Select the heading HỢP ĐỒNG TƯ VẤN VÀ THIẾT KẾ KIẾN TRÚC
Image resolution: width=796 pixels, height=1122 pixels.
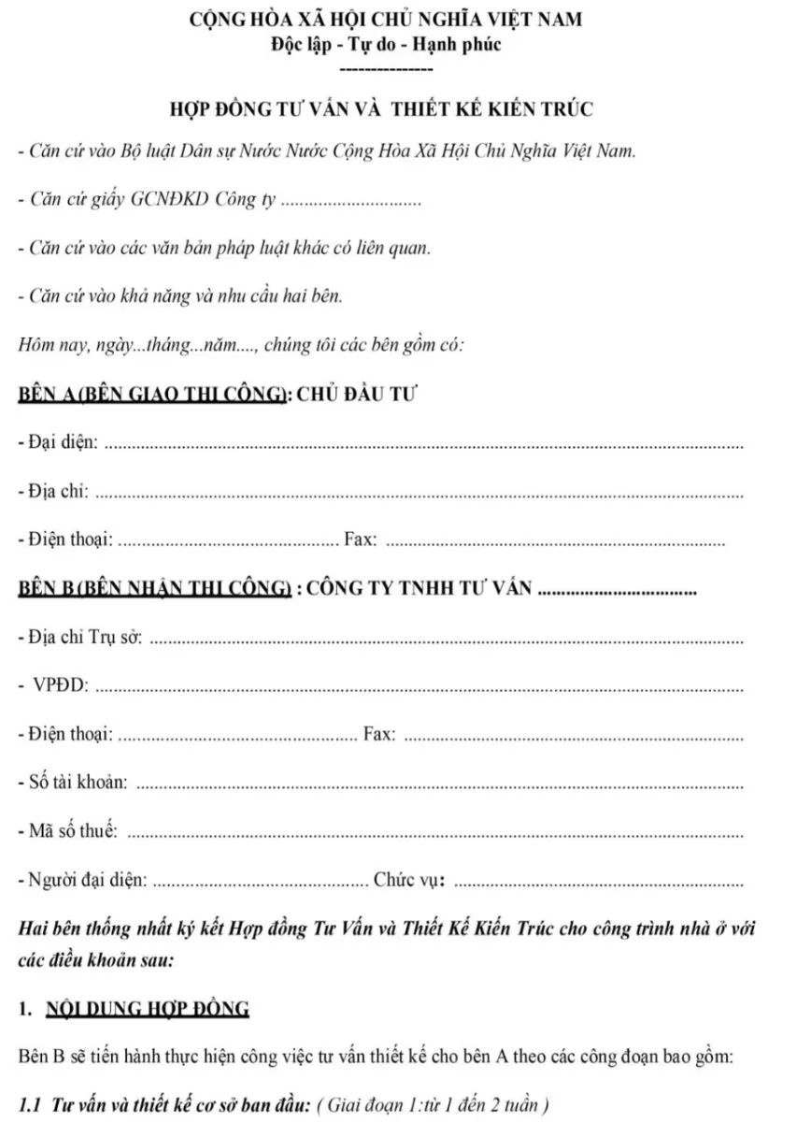click(x=380, y=109)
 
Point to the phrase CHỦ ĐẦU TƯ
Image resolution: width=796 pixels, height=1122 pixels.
click(x=357, y=394)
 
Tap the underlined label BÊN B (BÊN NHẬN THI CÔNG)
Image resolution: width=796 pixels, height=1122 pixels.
click(x=152, y=588)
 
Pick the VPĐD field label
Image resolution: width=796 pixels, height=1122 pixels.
click(x=62, y=686)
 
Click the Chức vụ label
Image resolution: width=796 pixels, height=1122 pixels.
click(x=409, y=880)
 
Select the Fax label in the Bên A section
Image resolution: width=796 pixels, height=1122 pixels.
click(x=361, y=539)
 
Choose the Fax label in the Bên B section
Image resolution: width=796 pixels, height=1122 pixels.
click(x=378, y=735)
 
